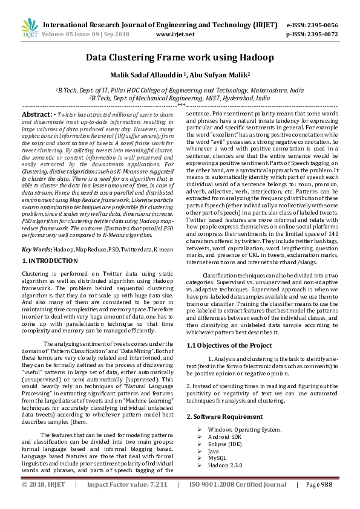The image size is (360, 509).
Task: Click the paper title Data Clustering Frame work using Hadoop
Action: tap(179, 57)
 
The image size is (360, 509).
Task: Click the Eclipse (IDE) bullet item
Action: tap(224, 444)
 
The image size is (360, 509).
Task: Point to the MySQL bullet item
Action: tap(217, 458)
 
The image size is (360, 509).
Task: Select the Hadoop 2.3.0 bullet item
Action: tap(225, 465)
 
